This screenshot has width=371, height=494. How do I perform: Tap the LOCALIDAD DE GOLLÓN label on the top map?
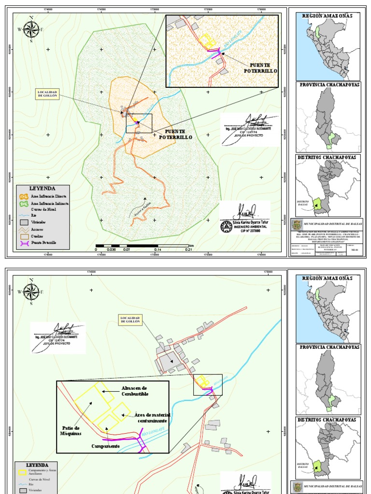coord(47,94)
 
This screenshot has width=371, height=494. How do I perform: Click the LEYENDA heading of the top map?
coord(43,189)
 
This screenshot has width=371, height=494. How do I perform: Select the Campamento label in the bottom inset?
coord(106,446)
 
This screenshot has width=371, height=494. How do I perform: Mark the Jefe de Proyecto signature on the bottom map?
coord(58,336)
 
